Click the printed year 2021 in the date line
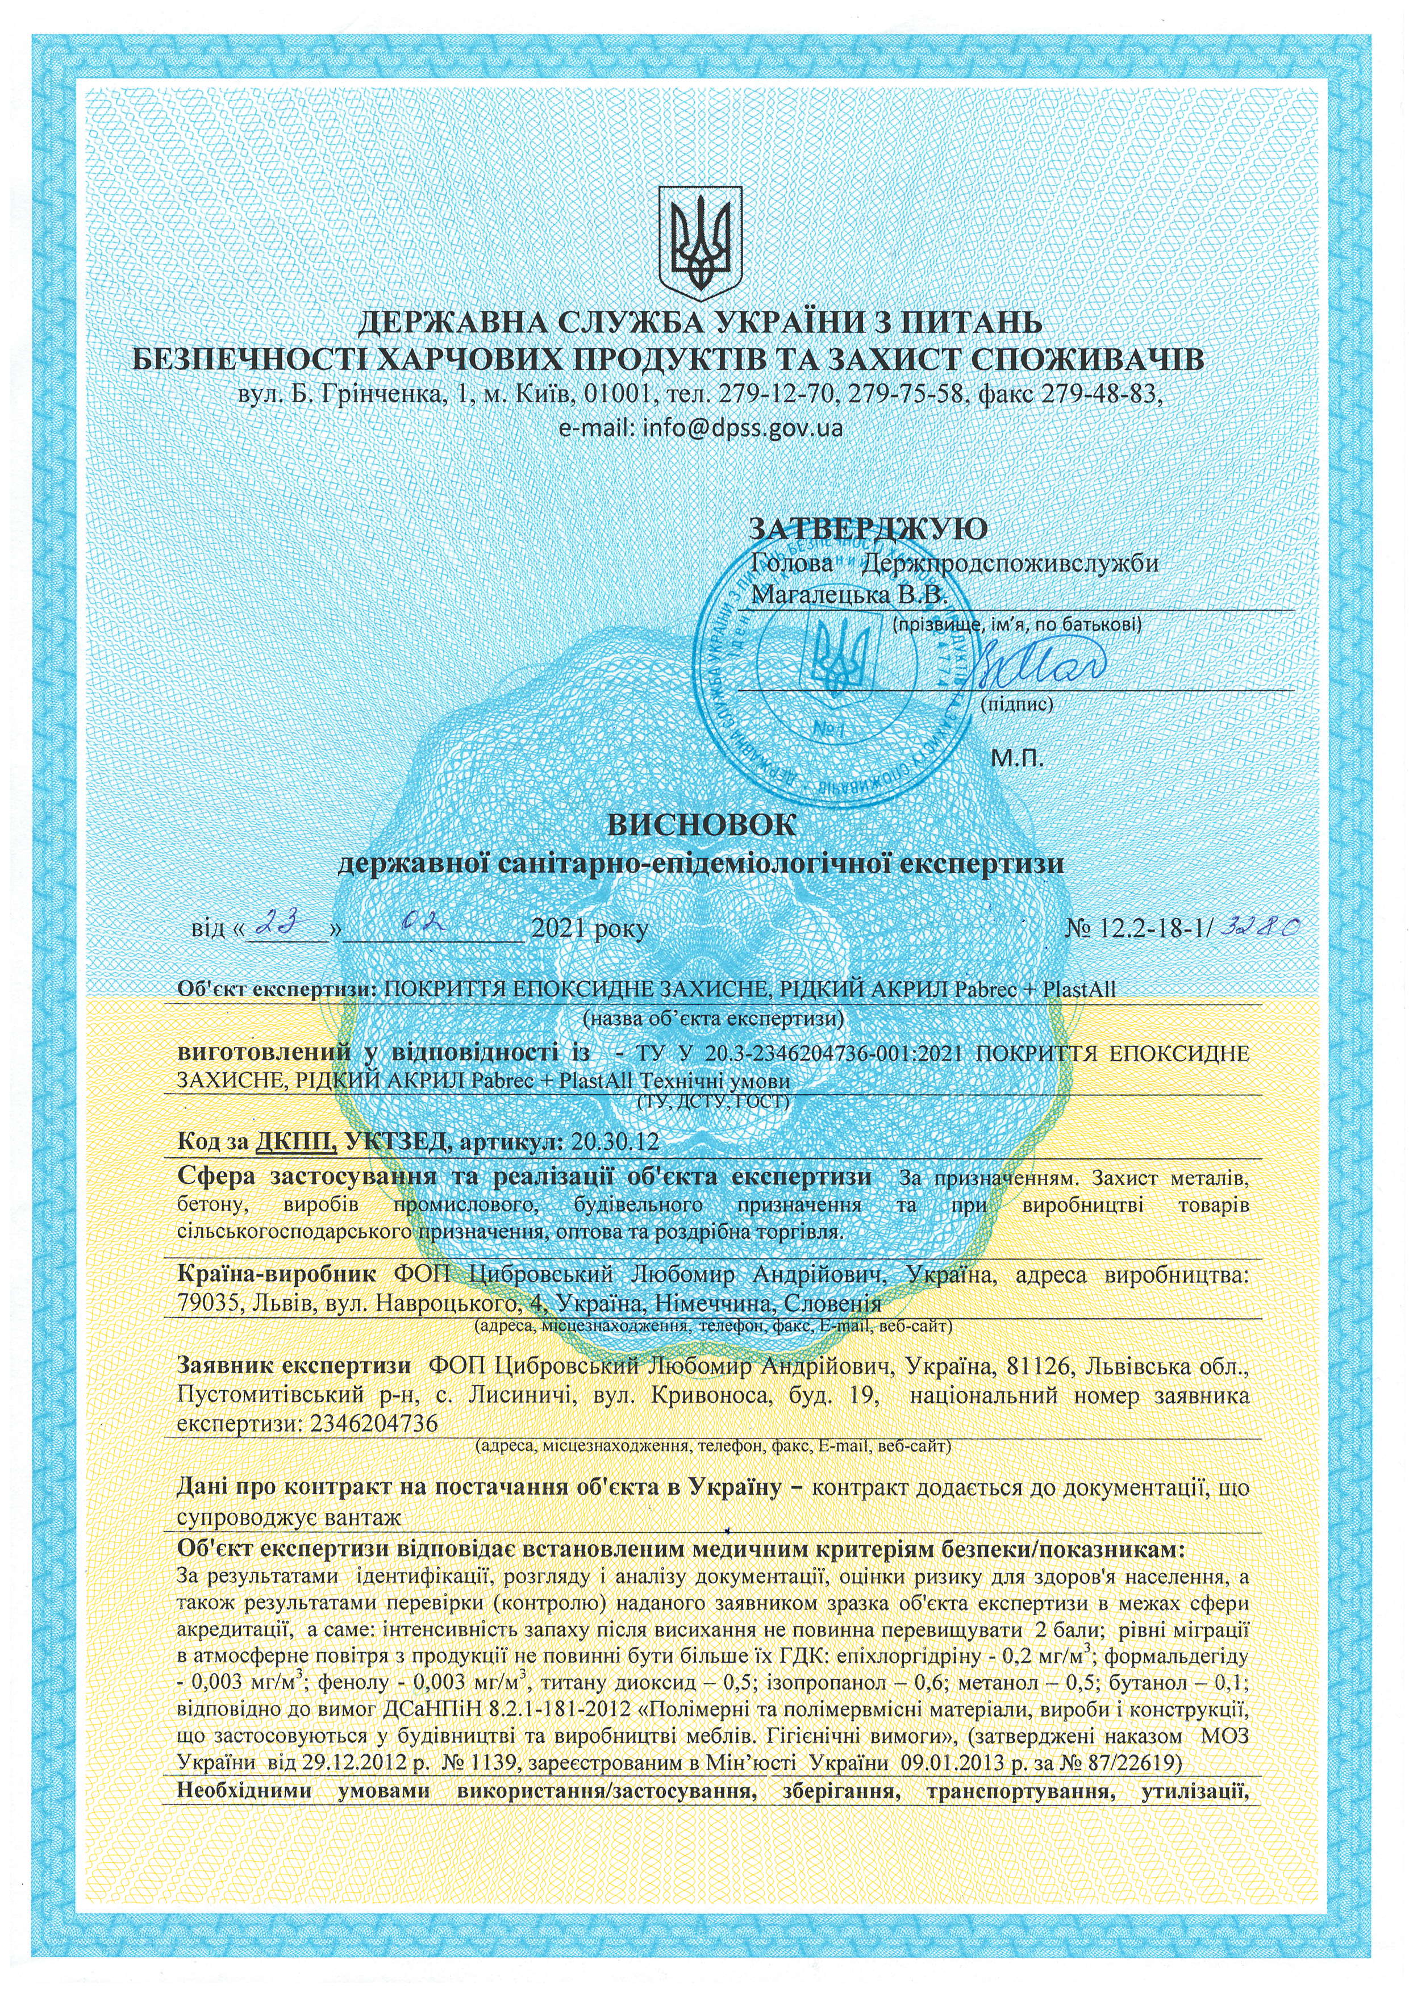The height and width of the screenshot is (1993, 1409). (558, 929)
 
